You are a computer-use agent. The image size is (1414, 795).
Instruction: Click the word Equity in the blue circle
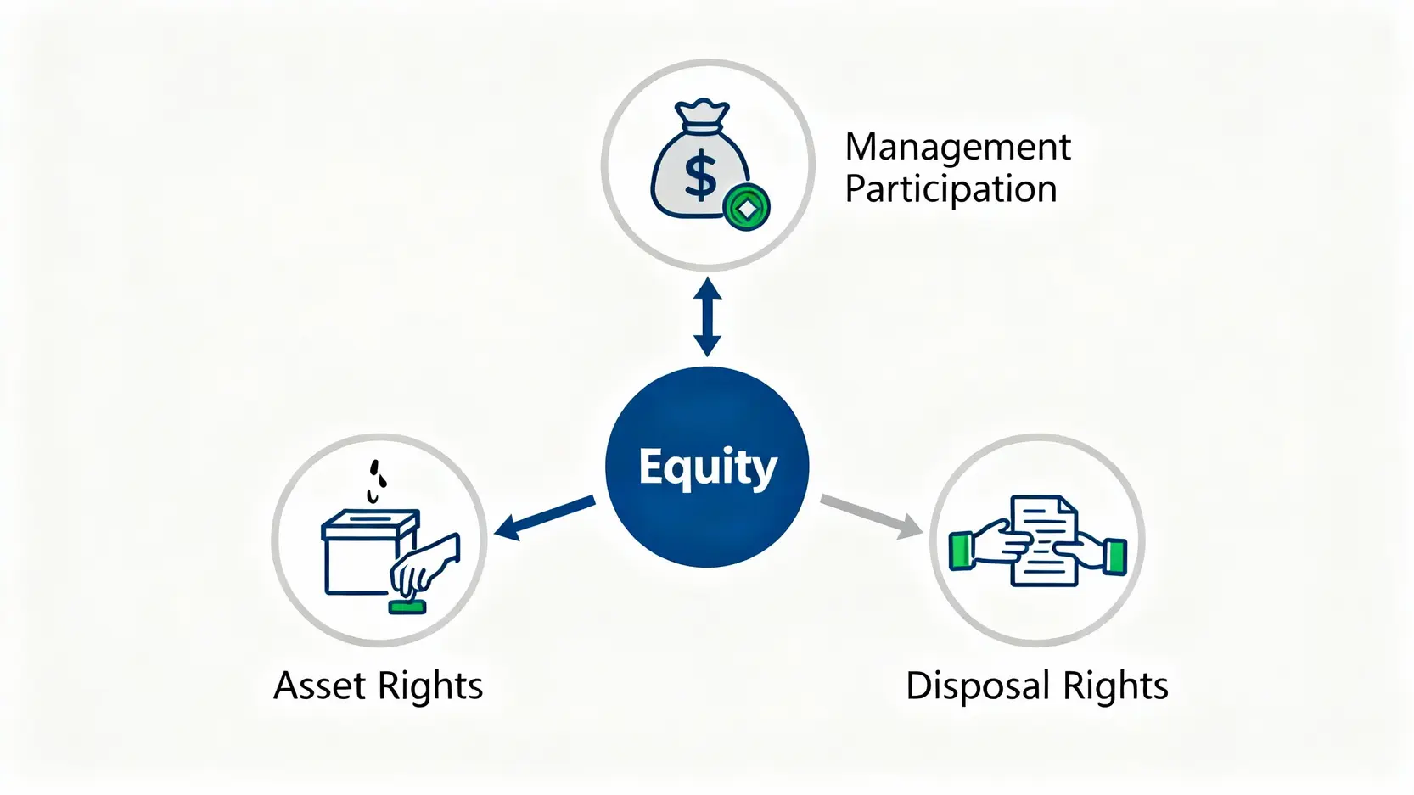707,467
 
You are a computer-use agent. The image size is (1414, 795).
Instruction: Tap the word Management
957,148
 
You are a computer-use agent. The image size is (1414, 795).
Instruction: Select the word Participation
951,189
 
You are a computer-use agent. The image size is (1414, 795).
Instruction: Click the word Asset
319,686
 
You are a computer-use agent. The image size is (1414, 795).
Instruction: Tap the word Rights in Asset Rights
430,686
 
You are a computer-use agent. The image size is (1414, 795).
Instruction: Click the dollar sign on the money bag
700,176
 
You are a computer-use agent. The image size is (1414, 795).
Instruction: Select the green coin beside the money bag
746,207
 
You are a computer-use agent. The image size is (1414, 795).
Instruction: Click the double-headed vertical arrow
707,317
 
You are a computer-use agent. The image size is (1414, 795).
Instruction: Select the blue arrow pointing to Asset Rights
543,518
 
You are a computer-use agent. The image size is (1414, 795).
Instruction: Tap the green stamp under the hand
407,607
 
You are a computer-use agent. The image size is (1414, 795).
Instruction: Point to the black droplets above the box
377,479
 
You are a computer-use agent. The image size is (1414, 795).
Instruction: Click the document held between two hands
1043,540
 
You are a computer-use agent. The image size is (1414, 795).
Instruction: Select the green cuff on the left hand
961,551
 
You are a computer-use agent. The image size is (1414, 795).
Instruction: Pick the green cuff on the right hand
1114,556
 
